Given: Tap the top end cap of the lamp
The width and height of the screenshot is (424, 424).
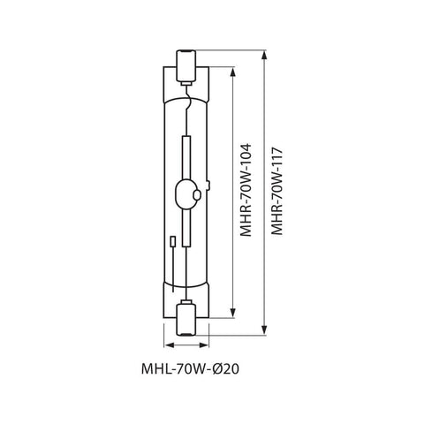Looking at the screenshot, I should coord(187,64).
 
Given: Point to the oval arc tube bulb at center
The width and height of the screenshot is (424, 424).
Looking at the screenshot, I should coord(187,189).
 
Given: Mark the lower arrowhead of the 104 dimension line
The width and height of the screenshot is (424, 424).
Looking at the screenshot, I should coord(232,314).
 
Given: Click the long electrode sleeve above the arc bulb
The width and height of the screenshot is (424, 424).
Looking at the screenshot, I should coord(187,155).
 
